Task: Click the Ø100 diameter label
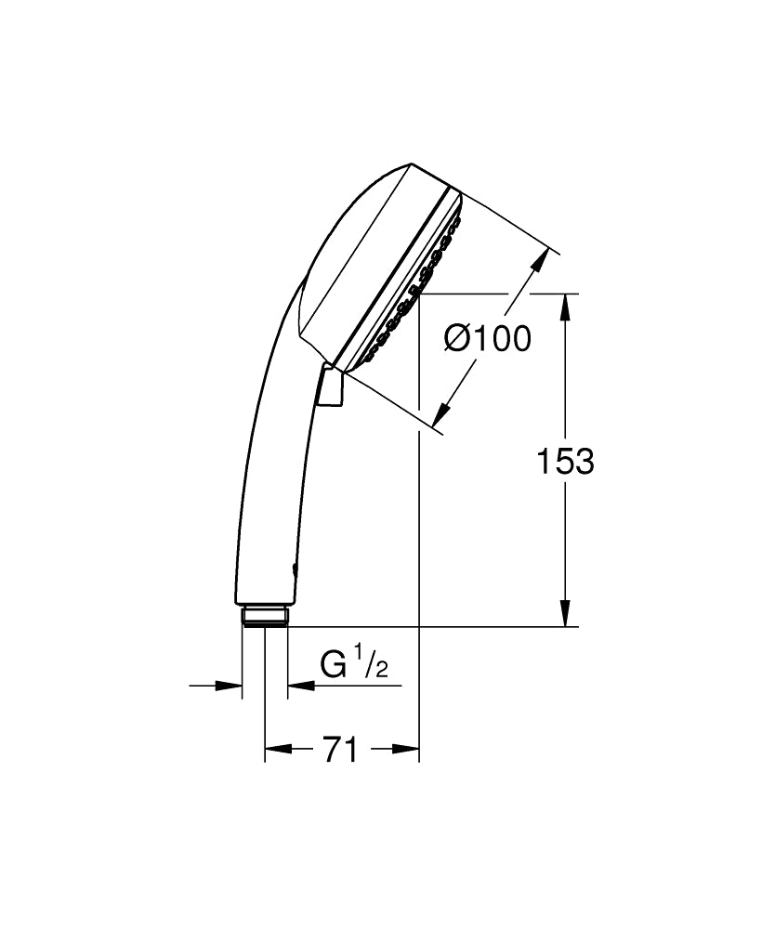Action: coord(487,339)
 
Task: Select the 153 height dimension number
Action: coord(565,461)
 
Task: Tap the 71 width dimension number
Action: coord(340,749)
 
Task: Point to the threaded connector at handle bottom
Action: coord(266,616)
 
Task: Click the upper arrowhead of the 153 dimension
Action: coord(564,307)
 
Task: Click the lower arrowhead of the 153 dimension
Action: coord(564,613)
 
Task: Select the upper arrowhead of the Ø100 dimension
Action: coord(537,263)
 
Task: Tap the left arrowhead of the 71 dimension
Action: coord(278,749)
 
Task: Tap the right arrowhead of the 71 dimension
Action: coord(407,749)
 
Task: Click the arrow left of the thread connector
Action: coord(229,687)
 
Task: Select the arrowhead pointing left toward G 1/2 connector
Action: coord(301,687)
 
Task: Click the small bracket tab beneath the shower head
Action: coord(330,386)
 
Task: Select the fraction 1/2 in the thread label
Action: coord(374,665)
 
